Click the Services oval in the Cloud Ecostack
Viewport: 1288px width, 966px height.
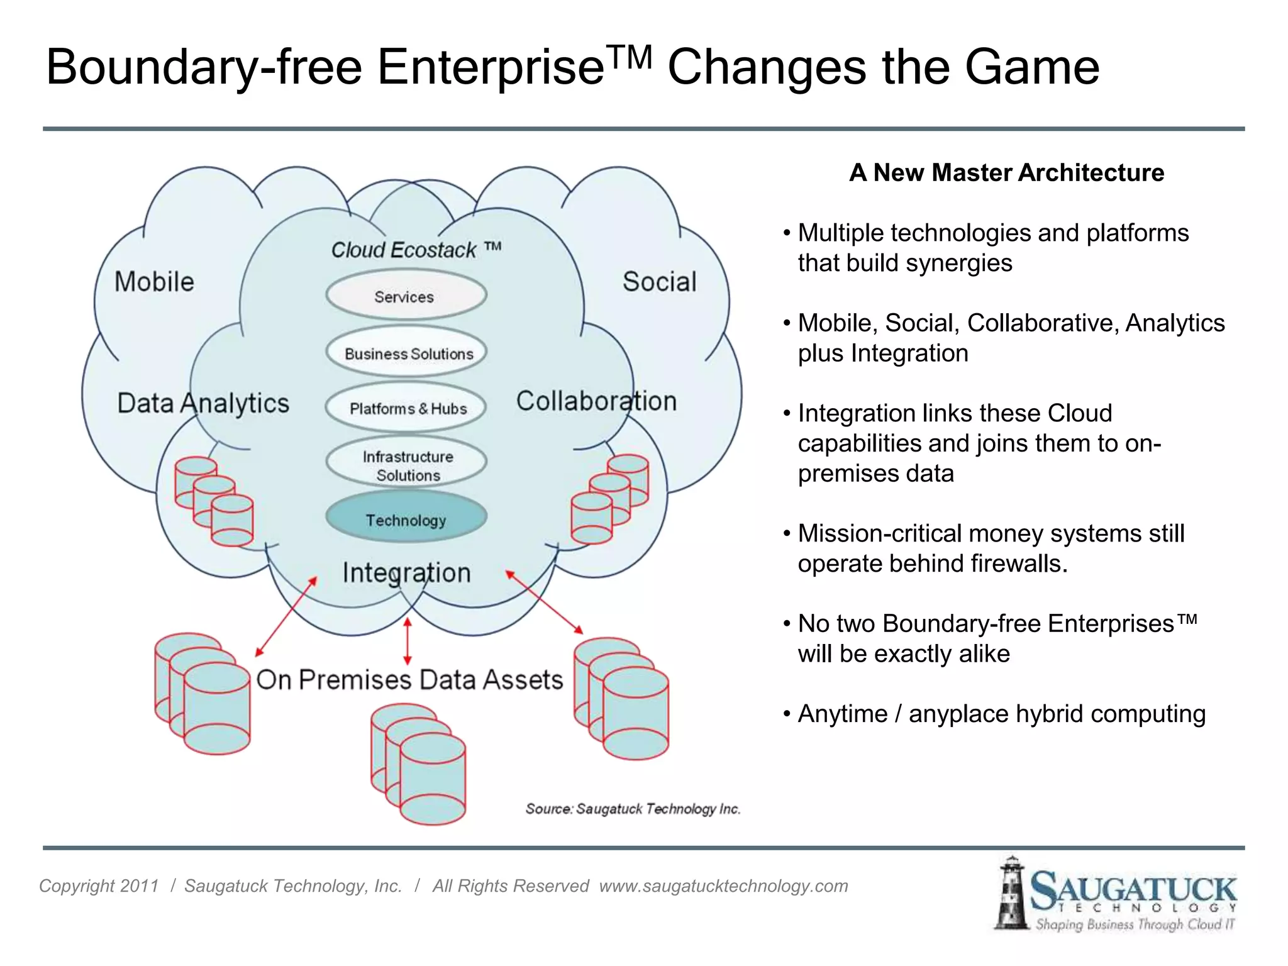pos(406,296)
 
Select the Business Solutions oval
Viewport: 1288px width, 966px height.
pos(408,353)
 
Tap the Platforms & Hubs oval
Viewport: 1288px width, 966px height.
pos(407,408)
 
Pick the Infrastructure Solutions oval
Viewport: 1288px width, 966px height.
pos(407,465)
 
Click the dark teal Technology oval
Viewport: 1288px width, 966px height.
pos(406,519)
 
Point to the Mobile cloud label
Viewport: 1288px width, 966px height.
pos(154,282)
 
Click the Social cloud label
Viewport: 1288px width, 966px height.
pos(659,282)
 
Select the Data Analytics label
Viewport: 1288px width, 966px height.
pos(203,403)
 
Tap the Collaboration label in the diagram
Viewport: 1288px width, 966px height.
pos(596,401)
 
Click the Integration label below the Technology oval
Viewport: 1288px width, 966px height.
pos(406,573)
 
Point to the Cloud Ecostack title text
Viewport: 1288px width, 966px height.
pos(415,250)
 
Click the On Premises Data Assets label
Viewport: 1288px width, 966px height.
pos(409,680)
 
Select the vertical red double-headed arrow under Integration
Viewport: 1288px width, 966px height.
pos(408,641)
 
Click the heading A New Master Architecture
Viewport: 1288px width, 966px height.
pos(1006,172)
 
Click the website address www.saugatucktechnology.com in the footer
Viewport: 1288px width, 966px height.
pos(723,886)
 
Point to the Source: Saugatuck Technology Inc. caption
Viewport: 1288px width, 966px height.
pos(633,809)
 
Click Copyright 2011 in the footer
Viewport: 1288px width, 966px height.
pos(99,886)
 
